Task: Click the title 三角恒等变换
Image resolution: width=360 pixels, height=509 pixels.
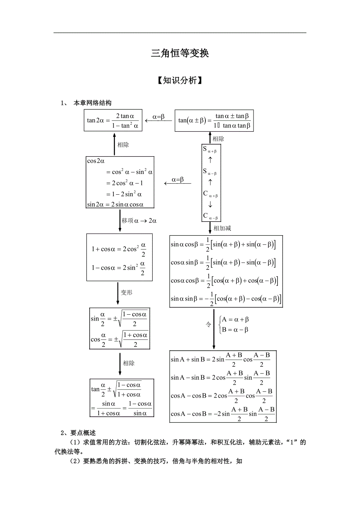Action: click(180, 54)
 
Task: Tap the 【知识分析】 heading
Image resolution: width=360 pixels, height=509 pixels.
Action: click(180, 81)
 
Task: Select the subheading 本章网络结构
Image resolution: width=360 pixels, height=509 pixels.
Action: click(92, 103)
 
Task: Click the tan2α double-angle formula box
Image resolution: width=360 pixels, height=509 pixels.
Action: click(113, 120)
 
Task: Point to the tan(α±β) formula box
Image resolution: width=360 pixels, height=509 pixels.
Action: click(214, 120)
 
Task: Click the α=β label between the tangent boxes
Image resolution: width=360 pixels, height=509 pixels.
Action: click(158, 116)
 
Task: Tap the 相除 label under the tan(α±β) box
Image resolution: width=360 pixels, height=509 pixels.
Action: click(218, 139)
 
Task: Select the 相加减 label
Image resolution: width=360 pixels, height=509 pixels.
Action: click(222, 228)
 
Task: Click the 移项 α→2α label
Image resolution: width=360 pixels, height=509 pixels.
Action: click(139, 220)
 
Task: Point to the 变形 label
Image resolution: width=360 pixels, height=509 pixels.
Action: click(126, 292)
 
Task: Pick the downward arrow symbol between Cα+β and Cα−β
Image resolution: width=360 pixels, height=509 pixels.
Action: click(211, 204)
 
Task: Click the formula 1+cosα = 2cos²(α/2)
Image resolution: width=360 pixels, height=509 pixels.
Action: click(119, 249)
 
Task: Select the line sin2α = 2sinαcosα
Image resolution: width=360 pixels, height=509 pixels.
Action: click(115, 204)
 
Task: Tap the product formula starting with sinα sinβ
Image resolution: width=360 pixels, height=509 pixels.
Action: click(225, 299)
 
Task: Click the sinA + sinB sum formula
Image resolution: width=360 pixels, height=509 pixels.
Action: click(220, 359)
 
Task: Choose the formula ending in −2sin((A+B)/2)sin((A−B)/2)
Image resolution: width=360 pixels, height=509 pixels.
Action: click(223, 413)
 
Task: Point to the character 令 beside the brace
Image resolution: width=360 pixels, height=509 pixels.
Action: click(209, 324)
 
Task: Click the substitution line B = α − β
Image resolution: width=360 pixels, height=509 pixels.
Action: click(235, 330)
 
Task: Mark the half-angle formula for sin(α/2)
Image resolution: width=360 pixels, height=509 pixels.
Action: click(119, 319)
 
